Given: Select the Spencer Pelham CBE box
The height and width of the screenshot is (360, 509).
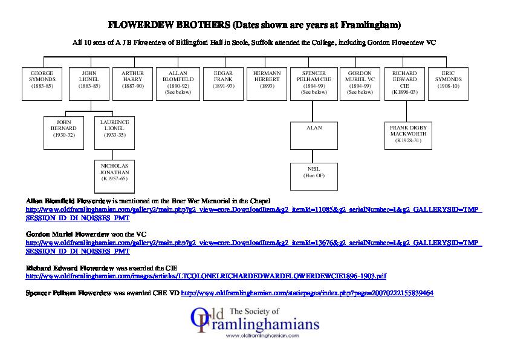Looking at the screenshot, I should tap(314, 83).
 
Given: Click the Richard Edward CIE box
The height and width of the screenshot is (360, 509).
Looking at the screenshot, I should tap(404, 83).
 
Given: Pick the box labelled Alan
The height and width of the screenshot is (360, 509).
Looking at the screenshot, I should tap(314, 135).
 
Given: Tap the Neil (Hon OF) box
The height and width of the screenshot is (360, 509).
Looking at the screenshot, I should tap(314, 176).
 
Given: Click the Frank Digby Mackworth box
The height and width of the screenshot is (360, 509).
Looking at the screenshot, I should tap(409, 135).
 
